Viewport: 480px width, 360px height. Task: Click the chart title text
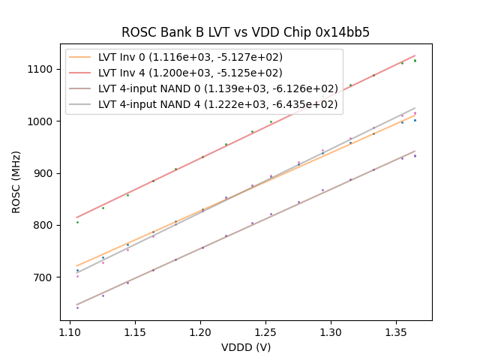point(245,32)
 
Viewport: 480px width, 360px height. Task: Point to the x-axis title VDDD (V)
point(245,347)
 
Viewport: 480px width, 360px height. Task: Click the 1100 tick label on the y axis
point(42,69)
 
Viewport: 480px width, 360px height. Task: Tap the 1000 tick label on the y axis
point(42,121)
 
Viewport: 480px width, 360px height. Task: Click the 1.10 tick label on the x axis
point(70,331)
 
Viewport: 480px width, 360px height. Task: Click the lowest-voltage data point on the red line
point(77,222)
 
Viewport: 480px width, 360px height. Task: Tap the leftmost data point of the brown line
point(77,307)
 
